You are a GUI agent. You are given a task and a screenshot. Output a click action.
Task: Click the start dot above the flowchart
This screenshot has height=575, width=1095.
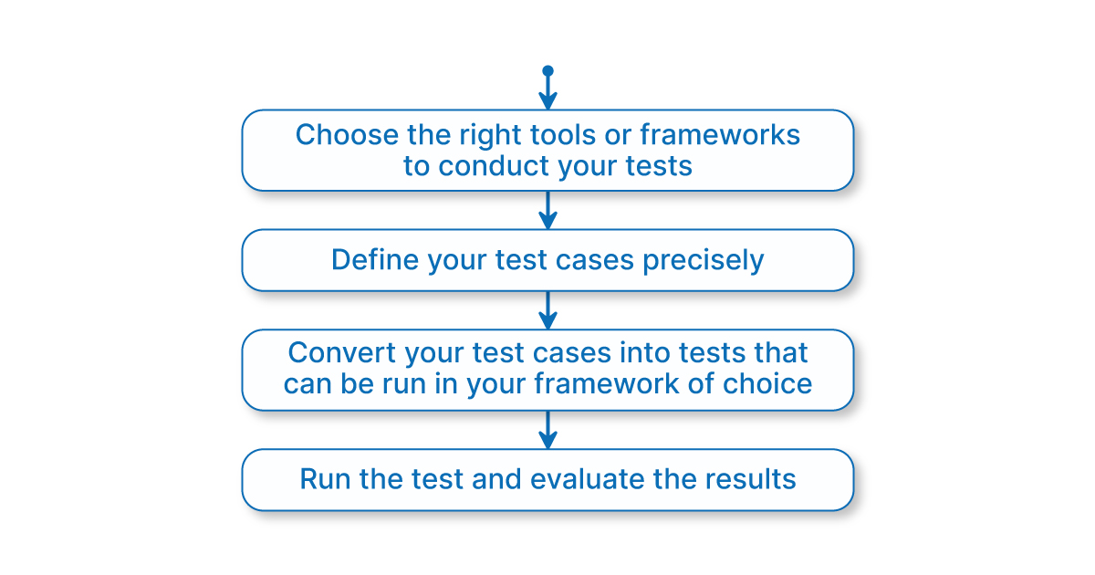coord(547,71)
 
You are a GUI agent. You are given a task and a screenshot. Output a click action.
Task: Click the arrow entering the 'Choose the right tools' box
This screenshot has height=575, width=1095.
coord(547,90)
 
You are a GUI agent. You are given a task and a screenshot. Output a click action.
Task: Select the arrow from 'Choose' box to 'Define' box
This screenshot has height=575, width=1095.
coord(547,210)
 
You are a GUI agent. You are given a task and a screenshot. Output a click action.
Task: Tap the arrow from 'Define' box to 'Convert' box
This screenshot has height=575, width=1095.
coord(547,310)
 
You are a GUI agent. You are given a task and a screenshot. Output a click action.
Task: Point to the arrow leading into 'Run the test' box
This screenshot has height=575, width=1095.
coord(547,430)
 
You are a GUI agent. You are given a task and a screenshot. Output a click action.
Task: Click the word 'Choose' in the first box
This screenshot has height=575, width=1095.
coord(347,135)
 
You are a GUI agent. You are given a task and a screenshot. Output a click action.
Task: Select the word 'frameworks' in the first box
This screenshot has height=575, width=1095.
coord(720,135)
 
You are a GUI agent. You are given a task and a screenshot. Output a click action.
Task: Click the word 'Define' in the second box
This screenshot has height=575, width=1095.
coord(375,259)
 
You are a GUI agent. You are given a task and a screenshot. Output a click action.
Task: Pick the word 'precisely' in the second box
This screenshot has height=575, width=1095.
coord(703,261)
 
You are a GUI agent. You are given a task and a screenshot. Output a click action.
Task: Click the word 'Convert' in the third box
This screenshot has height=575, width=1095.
coord(342,352)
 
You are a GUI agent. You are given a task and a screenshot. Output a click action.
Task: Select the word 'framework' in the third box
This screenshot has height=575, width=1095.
coord(607,383)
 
